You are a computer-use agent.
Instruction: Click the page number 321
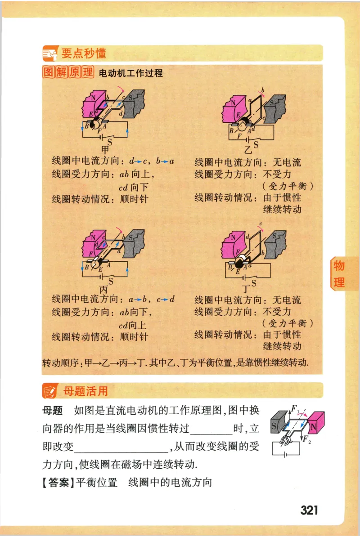click(309, 510)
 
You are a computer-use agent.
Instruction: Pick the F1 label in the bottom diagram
click(295, 409)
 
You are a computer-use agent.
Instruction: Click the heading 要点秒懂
click(84, 54)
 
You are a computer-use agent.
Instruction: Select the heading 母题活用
click(85, 391)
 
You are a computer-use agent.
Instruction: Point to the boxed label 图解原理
click(67, 72)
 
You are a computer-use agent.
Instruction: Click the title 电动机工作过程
click(130, 73)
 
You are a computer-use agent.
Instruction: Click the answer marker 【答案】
click(57, 483)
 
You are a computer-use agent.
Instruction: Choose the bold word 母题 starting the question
click(52, 411)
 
